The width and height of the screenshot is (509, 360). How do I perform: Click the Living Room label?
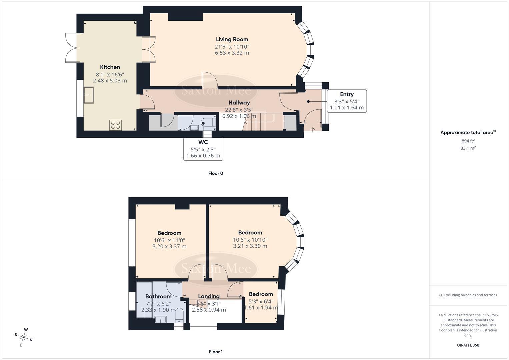pyautogui.click(x=232, y=39)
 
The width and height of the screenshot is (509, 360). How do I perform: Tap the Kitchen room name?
pyautogui.click(x=110, y=67)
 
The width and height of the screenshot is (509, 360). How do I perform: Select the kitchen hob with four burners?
pyautogui.click(x=115, y=125)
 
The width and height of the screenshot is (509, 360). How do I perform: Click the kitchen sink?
pyautogui.click(x=89, y=95)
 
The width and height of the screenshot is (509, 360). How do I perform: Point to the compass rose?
pyautogui.click(x=23, y=337)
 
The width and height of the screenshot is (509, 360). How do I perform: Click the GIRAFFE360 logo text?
pyautogui.click(x=468, y=345)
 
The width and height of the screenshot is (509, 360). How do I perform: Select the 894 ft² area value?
pyautogui.click(x=468, y=141)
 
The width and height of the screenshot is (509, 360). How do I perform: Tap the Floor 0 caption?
pyautogui.click(x=216, y=173)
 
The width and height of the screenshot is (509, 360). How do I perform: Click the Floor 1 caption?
pyautogui.click(x=216, y=352)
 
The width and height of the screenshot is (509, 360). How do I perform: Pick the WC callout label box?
pyautogui.click(x=203, y=149)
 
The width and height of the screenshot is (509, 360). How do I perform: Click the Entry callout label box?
pyautogui.click(x=347, y=101)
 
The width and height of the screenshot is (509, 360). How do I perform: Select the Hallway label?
pyautogui.click(x=239, y=103)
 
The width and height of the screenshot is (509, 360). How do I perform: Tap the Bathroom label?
pyautogui.click(x=158, y=296)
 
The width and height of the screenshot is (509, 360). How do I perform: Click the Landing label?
pyautogui.click(x=209, y=296)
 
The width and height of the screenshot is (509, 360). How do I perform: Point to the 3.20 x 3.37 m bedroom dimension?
pyautogui.click(x=169, y=246)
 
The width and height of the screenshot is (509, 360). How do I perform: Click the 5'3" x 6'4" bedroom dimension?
pyautogui.click(x=261, y=301)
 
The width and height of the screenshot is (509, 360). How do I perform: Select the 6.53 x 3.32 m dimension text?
pyautogui.click(x=232, y=53)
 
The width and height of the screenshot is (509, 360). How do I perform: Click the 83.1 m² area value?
pyautogui.click(x=468, y=148)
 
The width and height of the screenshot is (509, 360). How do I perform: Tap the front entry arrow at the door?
pyautogui.click(x=313, y=130)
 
